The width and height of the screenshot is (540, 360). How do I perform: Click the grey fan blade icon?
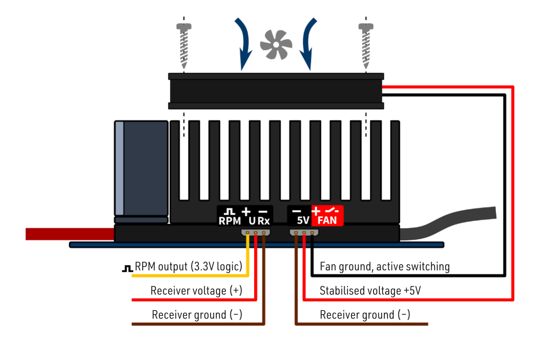[276, 44]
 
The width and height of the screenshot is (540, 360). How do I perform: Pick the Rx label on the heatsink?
[264, 220]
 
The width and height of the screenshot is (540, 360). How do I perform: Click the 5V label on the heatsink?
[302, 220]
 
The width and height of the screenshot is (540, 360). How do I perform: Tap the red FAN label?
[328, 220]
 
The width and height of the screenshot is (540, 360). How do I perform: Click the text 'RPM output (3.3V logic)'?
[189, 266]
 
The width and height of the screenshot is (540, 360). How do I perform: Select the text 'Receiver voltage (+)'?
[196, 291]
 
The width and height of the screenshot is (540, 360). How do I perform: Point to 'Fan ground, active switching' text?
[384, 266]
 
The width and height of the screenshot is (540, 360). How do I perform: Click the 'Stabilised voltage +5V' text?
[370, 291]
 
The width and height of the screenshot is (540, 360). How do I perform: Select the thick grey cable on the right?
[450, 223]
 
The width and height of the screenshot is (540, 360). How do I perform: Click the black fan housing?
[276, 91]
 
